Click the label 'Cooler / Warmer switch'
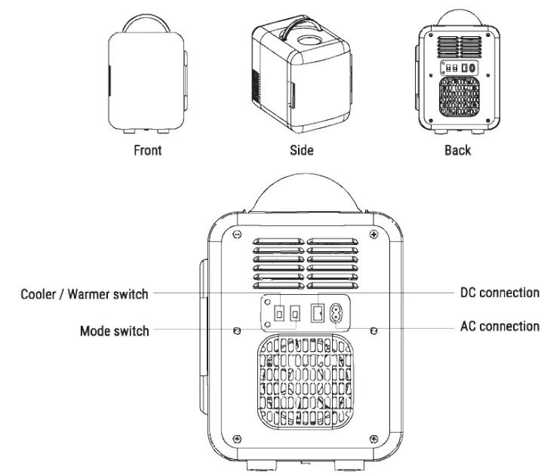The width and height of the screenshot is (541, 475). [x=85, y=294]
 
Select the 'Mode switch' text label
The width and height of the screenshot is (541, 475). [x=115, y=330]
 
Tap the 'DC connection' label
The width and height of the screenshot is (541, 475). [x=500, y=293]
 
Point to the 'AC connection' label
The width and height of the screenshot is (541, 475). [x=500, y=326]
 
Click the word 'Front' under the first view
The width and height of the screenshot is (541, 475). [x=148, y=149]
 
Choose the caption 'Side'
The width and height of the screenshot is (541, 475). [x=302, y=149]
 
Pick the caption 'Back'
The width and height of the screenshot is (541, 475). [x=457, y=149]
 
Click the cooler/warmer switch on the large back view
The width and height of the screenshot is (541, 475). [x=280, y=311]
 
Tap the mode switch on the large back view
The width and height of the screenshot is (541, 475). [x=297, y=311]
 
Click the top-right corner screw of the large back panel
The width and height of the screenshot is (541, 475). [x=374, y=235]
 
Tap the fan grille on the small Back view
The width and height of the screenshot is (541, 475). [x=458, y=98]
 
